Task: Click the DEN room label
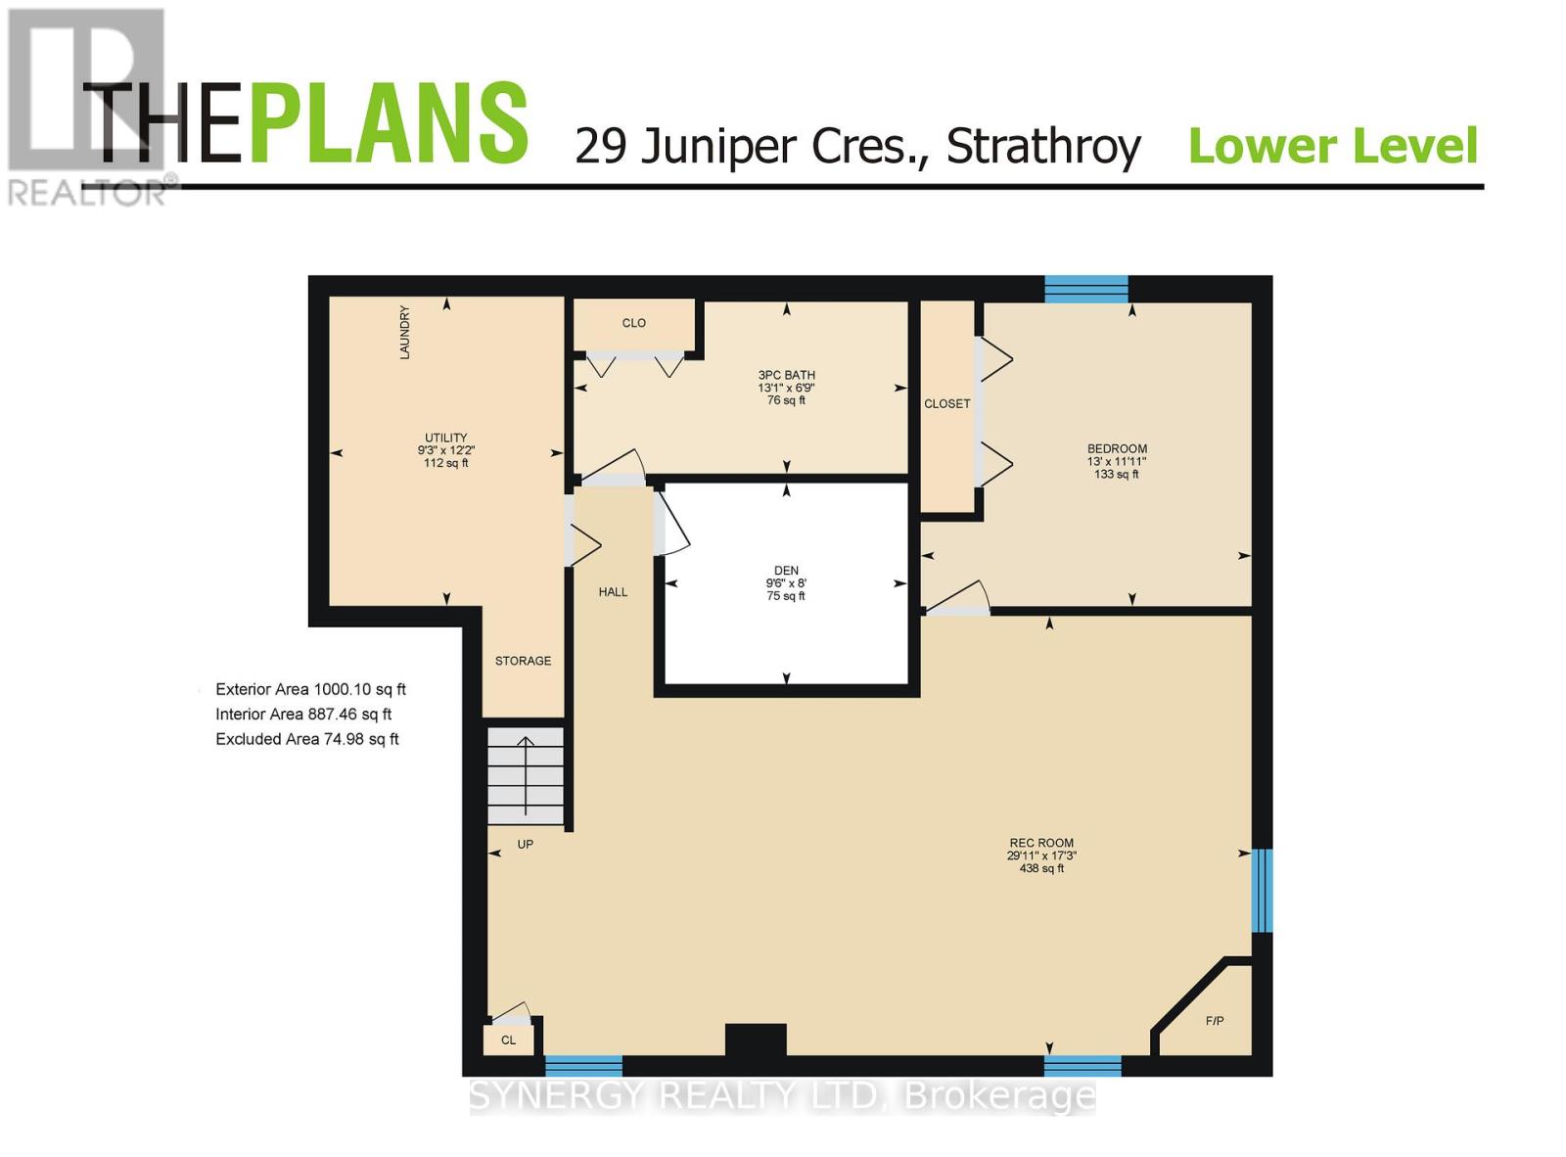tap(786, 571)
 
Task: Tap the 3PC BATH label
tap(786, 375)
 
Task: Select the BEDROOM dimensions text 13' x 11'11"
tap(1116, 461)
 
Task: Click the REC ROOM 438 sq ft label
tap(1041, 867)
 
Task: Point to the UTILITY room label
tap(445, 438)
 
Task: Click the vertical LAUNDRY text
tap(404, 333)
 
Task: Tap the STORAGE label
tap(523, 661)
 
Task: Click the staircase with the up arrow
tap(526, 776)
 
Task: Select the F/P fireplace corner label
tap(1214, 1021)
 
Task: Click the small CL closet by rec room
tap(508, 1040)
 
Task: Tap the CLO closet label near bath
tap(633, 323)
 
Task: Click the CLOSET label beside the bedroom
tap(946, 403)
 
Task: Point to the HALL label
tap(613, 592)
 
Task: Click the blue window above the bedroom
tap(1085, 289)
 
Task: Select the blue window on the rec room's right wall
tap(1262, 890)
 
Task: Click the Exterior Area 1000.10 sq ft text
tap(310, 689)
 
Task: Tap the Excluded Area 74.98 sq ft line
tap(306, 739)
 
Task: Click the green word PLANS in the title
tap(389, 124)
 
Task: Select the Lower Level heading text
tap(1332, 147)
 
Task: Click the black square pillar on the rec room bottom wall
tap(756, 1039)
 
